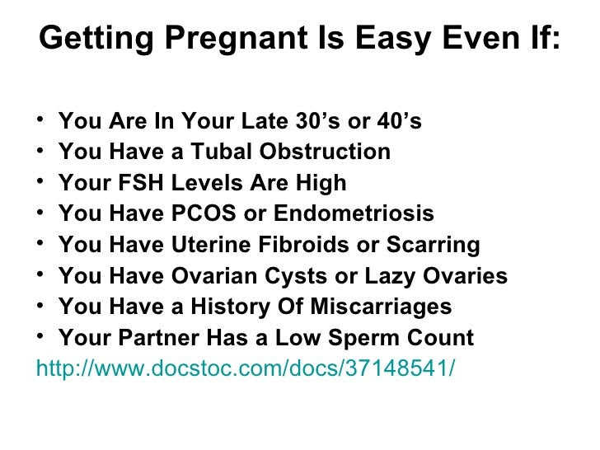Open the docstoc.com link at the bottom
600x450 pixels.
(x=246, y=367)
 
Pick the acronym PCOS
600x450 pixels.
(x=203, y=214)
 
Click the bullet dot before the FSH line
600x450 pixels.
(x=42, y=184)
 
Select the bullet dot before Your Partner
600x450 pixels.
(x=42, y=339)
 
